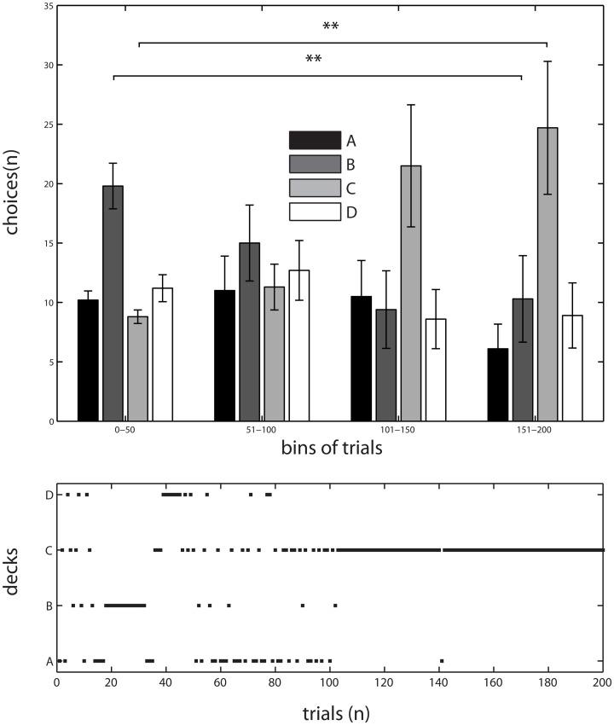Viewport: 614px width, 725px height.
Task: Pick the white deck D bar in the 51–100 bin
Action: point(298,345)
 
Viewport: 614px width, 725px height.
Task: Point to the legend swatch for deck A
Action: point(315,140)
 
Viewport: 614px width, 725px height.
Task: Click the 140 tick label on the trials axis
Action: point(438,683)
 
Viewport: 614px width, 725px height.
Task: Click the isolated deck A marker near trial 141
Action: point(441,660)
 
